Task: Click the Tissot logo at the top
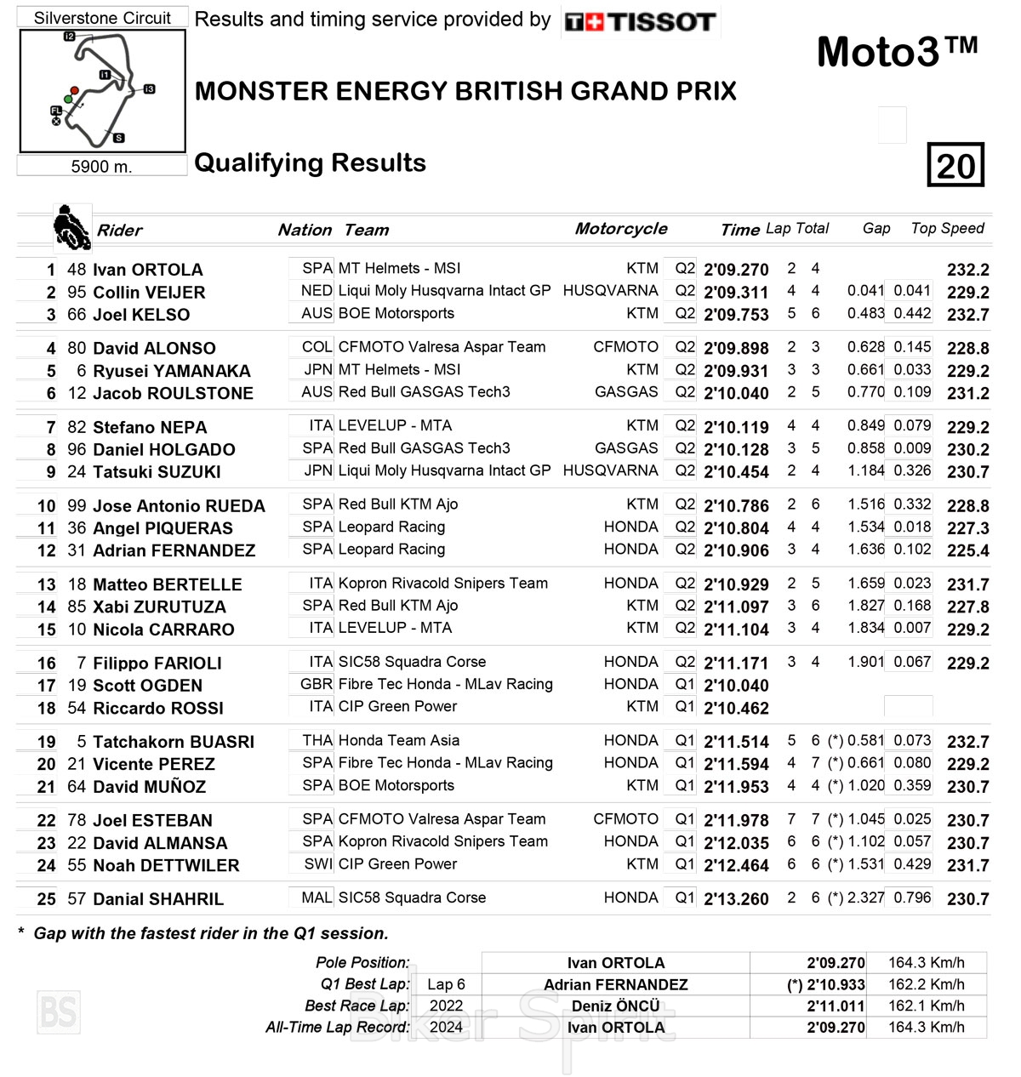click(641, 21)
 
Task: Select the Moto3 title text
click(897, 53)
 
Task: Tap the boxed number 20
click(955, 165)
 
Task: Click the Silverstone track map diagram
click(102, 91)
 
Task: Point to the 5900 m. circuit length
click(101, 167)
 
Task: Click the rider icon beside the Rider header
click(71, 228)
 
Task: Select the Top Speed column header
click(947, 228)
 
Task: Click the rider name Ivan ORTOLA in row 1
click(147, 270)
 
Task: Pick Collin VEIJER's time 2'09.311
click(736, 293)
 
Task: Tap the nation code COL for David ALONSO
click(317, 347)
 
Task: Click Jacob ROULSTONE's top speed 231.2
click(967, 393)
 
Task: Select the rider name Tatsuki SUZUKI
click(157, 472)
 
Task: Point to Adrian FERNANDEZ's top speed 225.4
click(967, 550)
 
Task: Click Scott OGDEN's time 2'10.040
click(736, 686)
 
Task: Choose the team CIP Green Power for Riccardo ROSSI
click(397, 706)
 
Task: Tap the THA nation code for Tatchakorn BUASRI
click(317, 741)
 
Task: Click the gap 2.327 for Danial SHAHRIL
click(866, 898)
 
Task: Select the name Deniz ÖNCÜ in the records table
click(615, 1006)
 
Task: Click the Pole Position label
click(362, 963)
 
